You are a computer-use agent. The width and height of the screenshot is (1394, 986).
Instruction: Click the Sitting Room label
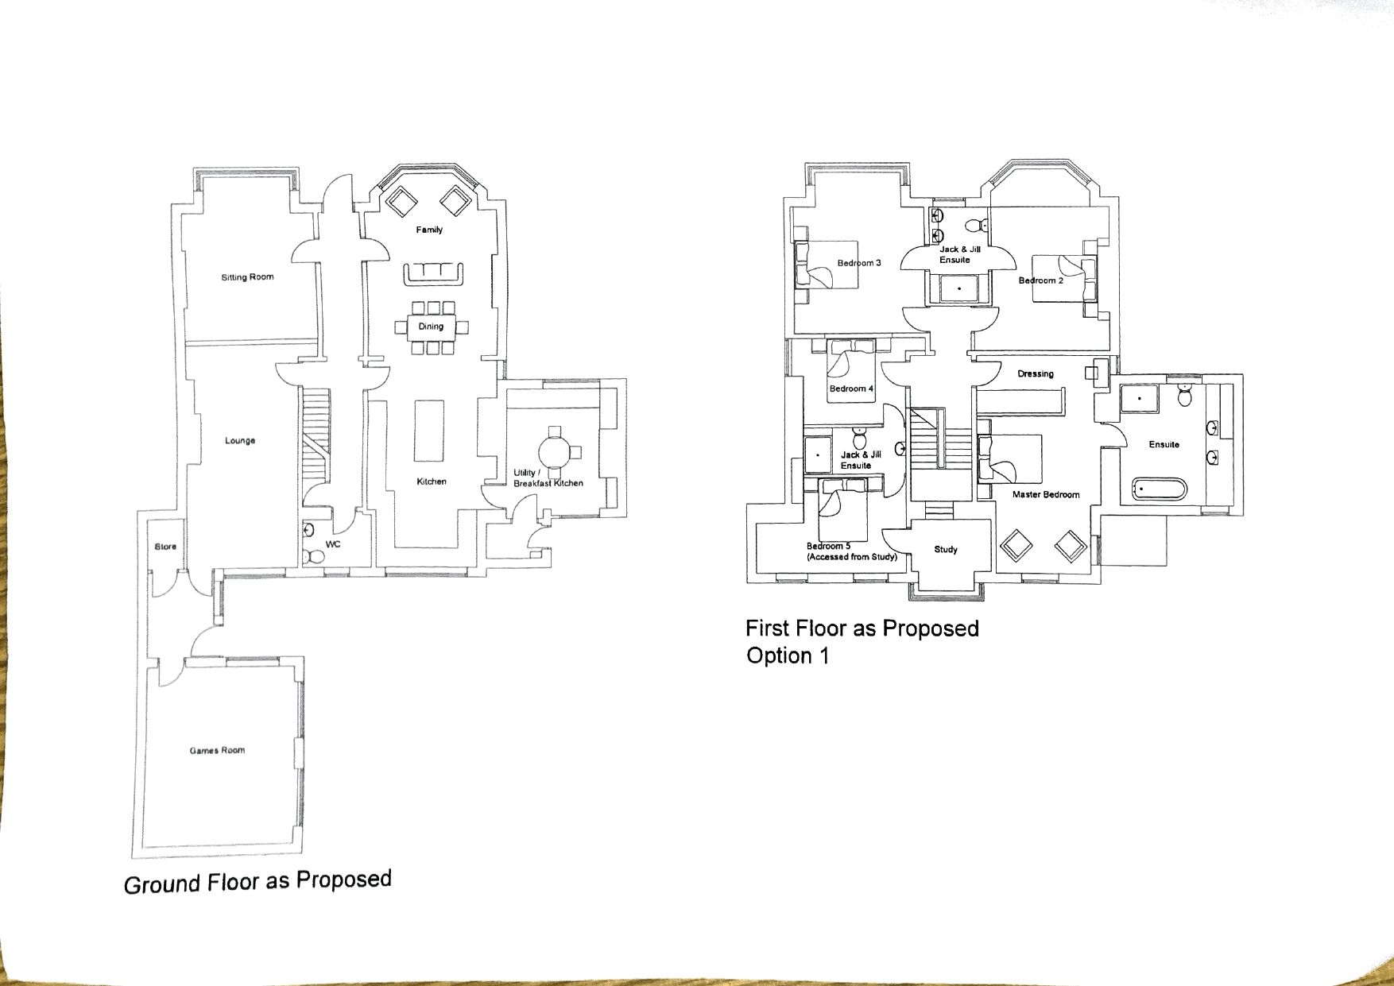(x=247, y=277)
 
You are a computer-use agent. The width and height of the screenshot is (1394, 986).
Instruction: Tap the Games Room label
(x=217, y=750)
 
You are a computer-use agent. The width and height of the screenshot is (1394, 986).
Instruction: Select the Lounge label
(x=240, y=440)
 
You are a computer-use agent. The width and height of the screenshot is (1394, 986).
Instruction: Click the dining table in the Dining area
(x=431, y=327)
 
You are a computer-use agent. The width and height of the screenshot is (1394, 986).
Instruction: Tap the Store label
(x=165, y=547)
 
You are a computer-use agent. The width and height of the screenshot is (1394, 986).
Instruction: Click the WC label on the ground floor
(x=333, y=544)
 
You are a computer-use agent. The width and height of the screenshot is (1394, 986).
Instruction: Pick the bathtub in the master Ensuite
(x=1158, y=489)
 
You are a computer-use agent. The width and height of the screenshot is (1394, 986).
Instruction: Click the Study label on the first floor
(x=946, y=549)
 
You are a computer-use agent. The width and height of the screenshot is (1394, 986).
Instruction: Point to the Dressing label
(x=1036, y=373)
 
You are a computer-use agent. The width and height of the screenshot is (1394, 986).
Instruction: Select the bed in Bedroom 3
(x=827, y=265)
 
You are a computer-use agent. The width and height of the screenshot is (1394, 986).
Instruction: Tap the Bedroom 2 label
(x=1040, y=280)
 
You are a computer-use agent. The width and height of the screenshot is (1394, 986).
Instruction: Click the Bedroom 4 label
(x=851, y=389)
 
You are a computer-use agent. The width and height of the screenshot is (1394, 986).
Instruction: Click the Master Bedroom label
(x=1046, y=494)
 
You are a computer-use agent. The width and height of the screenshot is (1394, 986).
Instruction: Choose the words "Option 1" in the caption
(x=788, y=656)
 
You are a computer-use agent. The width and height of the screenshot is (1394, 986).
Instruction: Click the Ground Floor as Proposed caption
(x=258, y=882)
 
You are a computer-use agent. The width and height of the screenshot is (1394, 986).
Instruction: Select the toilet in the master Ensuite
(x=1184, y=396)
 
